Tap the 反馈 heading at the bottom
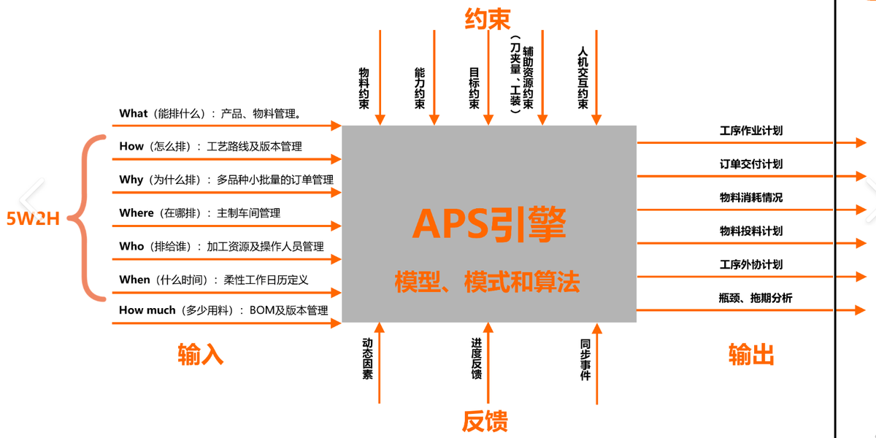pyautogui.click(x=485, y=421)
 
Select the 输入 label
pyautogui.click(x=200, y=354)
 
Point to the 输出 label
pyautogui.click(x=751, y=354)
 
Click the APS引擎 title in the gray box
pyautogui.click(x=489, y=223)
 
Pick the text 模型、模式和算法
pyautogui.click(x=488, y=281)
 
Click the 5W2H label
pyautogui.click(x=33, y=218)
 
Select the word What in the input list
pyautogui.click(x=133, y=113)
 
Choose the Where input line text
pyautogui.click(x=199, y=213)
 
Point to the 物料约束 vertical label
pyautogui.click(x=364, y=88)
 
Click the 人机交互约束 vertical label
pyautogui.click(x=583, y=78)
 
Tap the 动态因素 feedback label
pyautogui.click(x=367, y=358)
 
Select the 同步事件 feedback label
pyautogui.click(x=585, y=360)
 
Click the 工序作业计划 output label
pyautogui.click(x=751, y=131)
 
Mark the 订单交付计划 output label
pyautogui.click(x=751, y=164)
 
